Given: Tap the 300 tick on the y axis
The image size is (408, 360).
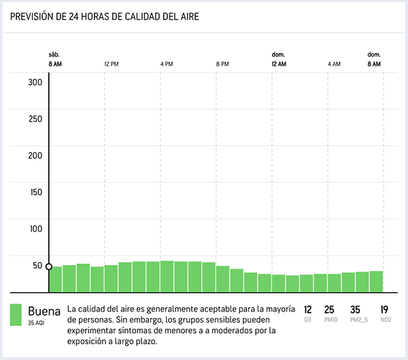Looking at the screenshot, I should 35,82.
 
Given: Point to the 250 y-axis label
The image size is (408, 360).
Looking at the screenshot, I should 35,119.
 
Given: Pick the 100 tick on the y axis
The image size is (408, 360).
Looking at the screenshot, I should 35,229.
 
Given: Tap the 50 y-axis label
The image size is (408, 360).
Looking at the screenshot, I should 37,266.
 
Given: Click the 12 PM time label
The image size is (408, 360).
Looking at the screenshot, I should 112,64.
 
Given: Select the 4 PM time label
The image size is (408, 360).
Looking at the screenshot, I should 167,64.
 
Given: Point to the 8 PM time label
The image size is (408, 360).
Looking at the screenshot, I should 222,64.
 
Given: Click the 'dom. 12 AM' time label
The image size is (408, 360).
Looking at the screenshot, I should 278,59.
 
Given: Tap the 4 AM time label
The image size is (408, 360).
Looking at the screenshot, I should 333,64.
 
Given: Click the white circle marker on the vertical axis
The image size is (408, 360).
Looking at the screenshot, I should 49,267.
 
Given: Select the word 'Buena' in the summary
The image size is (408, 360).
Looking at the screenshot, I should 44,312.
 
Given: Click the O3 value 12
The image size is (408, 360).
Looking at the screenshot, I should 308,310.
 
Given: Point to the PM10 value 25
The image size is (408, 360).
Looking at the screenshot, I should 329,310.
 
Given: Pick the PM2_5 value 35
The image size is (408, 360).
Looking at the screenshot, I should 355,310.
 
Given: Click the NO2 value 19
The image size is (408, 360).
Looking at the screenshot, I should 384,310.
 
